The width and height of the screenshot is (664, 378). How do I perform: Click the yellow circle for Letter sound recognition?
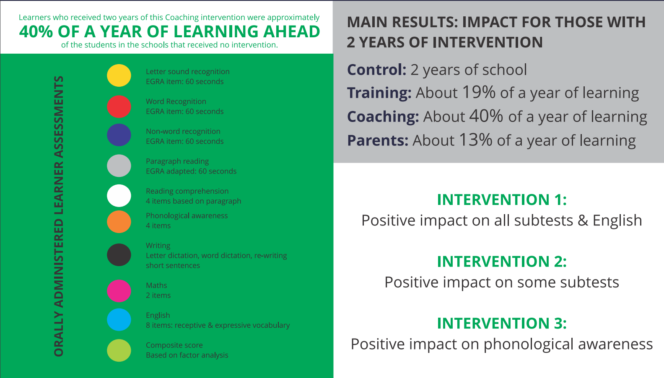point(119,75)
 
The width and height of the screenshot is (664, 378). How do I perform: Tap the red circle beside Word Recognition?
point(119,106)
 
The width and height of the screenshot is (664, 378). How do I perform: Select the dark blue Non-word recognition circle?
point(119,135)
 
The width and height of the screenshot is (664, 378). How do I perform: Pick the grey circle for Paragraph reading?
point(119,166)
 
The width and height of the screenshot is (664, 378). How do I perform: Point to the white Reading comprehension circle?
point(119,196)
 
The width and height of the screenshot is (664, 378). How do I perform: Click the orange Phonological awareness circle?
point(119,222)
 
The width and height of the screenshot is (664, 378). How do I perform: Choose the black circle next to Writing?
point(119,255)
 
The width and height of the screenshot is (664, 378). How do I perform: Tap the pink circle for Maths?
point(119,291)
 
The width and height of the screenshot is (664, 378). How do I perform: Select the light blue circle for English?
point(119,320)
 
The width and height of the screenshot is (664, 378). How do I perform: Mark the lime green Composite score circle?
point(119,350)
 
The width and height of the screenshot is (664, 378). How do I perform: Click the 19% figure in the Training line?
point(479,92)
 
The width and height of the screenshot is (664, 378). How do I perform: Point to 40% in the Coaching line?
point(486,116)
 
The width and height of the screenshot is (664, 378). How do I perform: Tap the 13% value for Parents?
point(476,140)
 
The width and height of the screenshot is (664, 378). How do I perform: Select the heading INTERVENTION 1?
point(502,199)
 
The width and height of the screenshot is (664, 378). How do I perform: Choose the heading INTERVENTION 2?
point(502,261)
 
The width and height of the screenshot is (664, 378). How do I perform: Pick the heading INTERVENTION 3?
point(502,323)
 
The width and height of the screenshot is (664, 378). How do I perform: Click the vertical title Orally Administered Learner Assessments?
point(59,216)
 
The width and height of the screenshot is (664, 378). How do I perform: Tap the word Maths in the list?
point(156,285)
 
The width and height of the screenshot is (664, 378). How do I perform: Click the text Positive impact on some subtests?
point(502,282)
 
